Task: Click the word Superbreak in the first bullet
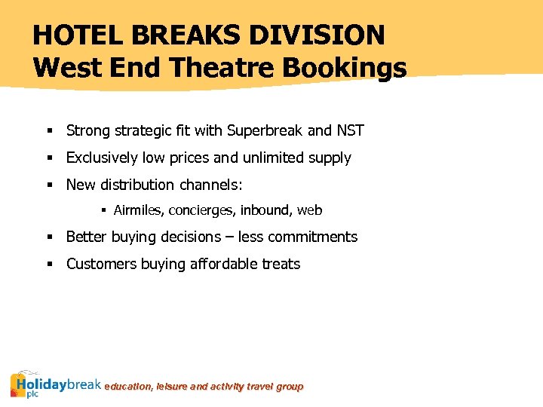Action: click(264, 130)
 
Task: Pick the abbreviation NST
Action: click(350, 130)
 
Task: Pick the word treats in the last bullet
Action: click(281, 264)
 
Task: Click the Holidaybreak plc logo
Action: click(55, 384)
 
